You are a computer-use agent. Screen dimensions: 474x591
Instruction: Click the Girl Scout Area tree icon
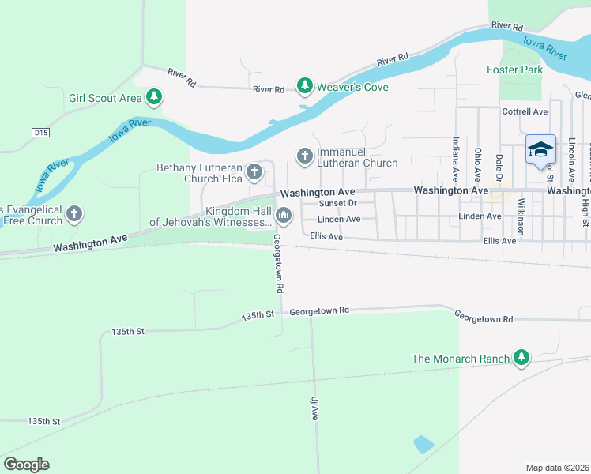click(155, 98)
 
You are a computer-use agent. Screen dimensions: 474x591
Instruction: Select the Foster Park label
click(514, 70)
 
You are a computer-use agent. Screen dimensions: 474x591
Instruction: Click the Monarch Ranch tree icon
click(521, 358)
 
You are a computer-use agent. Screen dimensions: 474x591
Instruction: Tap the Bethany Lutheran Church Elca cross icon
click(254, 171)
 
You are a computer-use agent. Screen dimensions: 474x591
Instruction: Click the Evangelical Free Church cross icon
click(74, 213)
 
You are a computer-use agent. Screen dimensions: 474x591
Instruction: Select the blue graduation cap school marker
click(540, 149)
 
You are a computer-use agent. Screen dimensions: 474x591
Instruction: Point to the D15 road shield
click(41, 134)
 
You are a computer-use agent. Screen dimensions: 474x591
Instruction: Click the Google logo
click(26, 465)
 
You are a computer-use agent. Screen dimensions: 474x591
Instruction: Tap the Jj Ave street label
click(314, 408)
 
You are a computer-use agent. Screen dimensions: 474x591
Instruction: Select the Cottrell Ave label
click(525, 111)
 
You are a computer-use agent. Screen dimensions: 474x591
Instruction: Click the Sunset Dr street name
click(338, 203)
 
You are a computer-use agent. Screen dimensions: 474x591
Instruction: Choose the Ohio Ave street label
click(477, 161)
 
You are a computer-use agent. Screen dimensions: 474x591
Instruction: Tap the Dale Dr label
click(499, 167)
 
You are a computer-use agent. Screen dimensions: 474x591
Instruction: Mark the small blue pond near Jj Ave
click(423, 444)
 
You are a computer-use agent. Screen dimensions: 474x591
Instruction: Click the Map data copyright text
click(558, 468)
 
